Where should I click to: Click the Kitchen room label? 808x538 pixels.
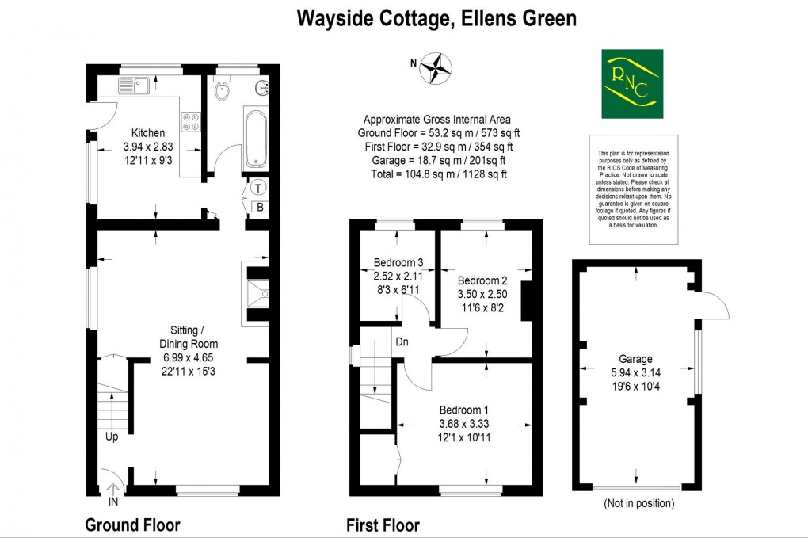(148, 132)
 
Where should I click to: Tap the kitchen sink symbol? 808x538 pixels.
(134, 85)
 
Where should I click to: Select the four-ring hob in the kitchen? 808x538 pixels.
(191, 121)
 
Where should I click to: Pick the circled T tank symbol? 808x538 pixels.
(258, 188)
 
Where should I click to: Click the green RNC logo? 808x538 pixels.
(632, 84)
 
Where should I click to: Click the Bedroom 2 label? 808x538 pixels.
(482, 280)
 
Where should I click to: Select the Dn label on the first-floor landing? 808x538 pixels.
(403, 343)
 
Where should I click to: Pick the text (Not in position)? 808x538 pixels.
(638, 503)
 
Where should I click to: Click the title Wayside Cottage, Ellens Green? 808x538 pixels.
(436, 18)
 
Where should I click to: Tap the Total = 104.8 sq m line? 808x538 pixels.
(438, 174)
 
